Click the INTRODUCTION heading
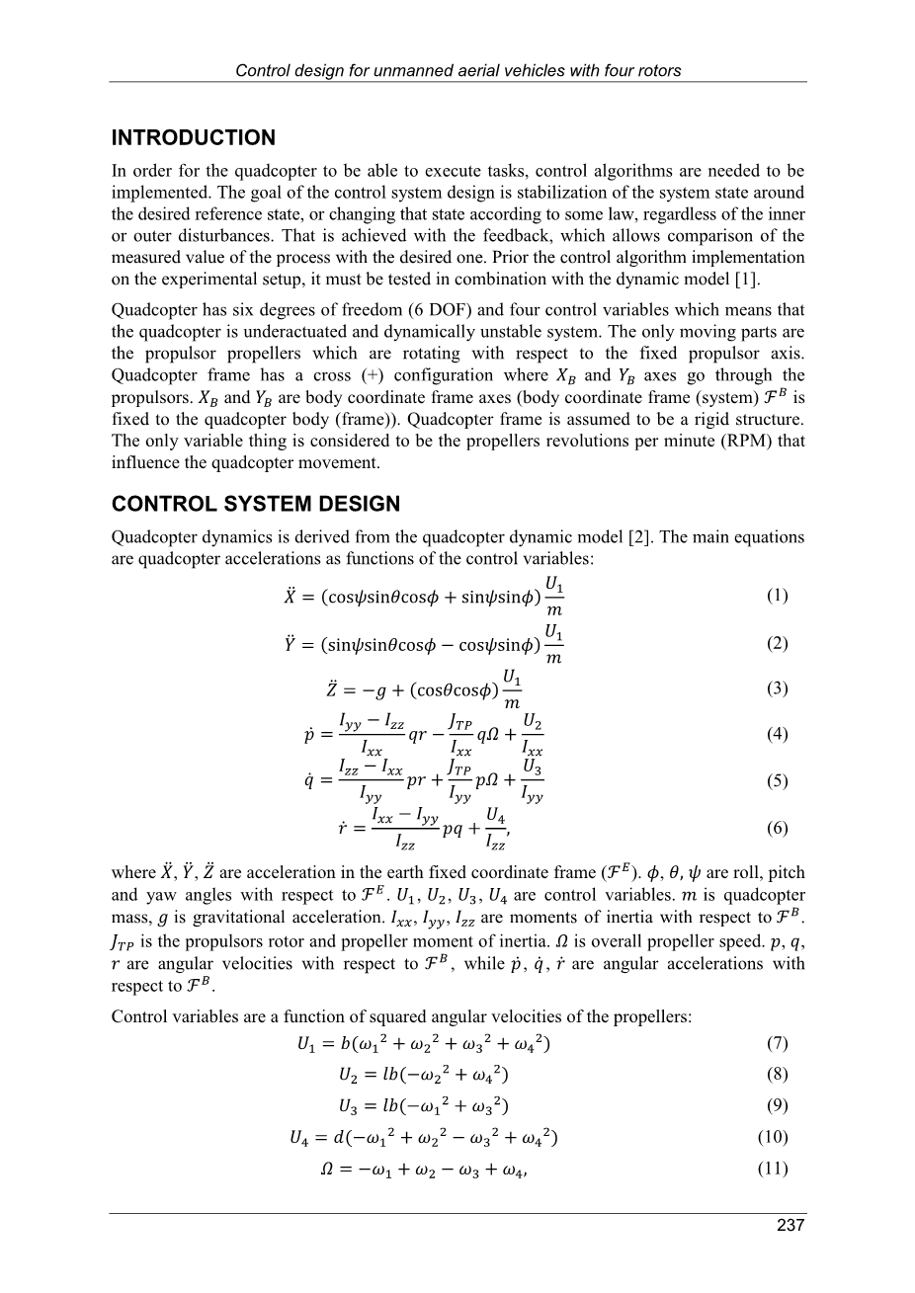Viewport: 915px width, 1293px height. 194,138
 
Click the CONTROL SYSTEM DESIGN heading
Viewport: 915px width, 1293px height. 256,505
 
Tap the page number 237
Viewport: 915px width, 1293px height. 790,1226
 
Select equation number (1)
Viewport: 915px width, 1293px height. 777,596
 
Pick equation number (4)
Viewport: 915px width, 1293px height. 777,735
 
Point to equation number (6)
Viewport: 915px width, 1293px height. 777,828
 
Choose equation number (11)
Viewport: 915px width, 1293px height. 773,1169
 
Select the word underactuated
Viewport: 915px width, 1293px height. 254,332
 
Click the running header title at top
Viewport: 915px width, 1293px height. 458,70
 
